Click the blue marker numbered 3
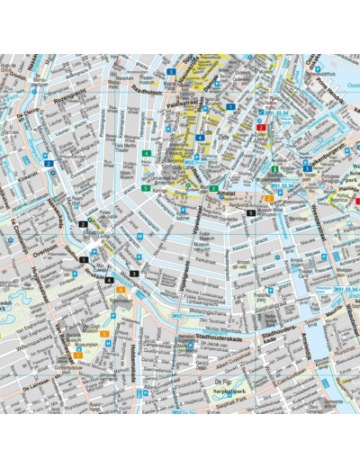(170, 71)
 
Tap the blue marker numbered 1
(230, 106)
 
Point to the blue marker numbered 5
(307, 168)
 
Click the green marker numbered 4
(146, 154)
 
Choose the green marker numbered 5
(145, 188)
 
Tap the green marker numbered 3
(214, 188)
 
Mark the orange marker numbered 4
(121, 290)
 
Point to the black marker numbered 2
(83, 224)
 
